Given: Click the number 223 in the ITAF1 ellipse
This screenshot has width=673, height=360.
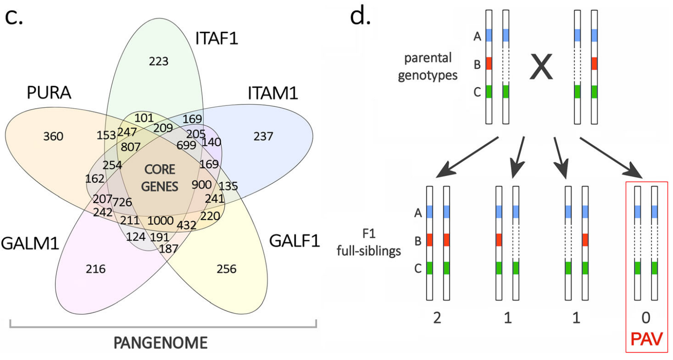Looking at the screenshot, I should [x=159, y=62].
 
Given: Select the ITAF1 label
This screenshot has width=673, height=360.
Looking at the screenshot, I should [x=217, y=39].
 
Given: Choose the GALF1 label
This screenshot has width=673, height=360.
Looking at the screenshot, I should [x=294, y=241].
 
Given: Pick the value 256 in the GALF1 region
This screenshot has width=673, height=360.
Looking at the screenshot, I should [x=226, y=269].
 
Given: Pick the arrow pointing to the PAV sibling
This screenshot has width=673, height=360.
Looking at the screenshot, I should [x=612, y=157].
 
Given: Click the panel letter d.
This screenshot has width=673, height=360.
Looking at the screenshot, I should [x=361, y=17].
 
